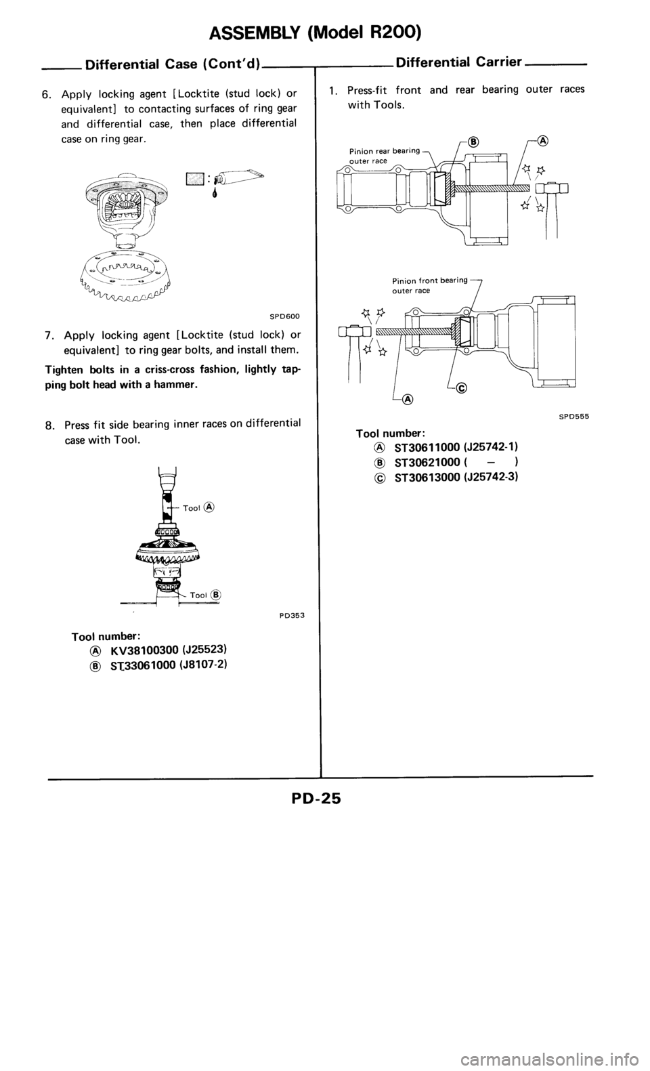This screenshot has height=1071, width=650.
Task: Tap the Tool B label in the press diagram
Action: point(206,595)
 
